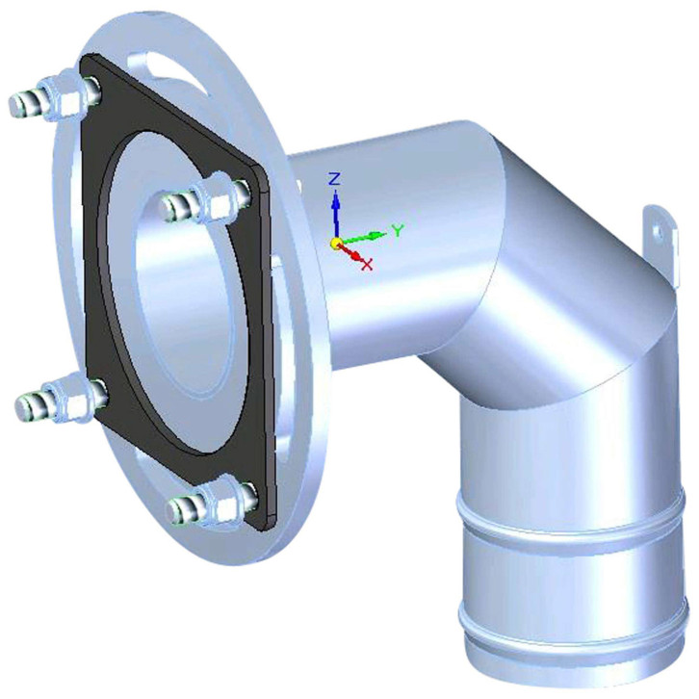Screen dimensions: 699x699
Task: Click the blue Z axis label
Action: click(334, 179)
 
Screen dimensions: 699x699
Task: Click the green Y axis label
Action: click(398, 230)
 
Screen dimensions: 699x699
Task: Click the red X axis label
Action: click(367, 265)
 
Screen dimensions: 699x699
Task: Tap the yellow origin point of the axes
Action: click(336, 243)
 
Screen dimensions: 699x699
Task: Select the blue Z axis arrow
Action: click(336, 214)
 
